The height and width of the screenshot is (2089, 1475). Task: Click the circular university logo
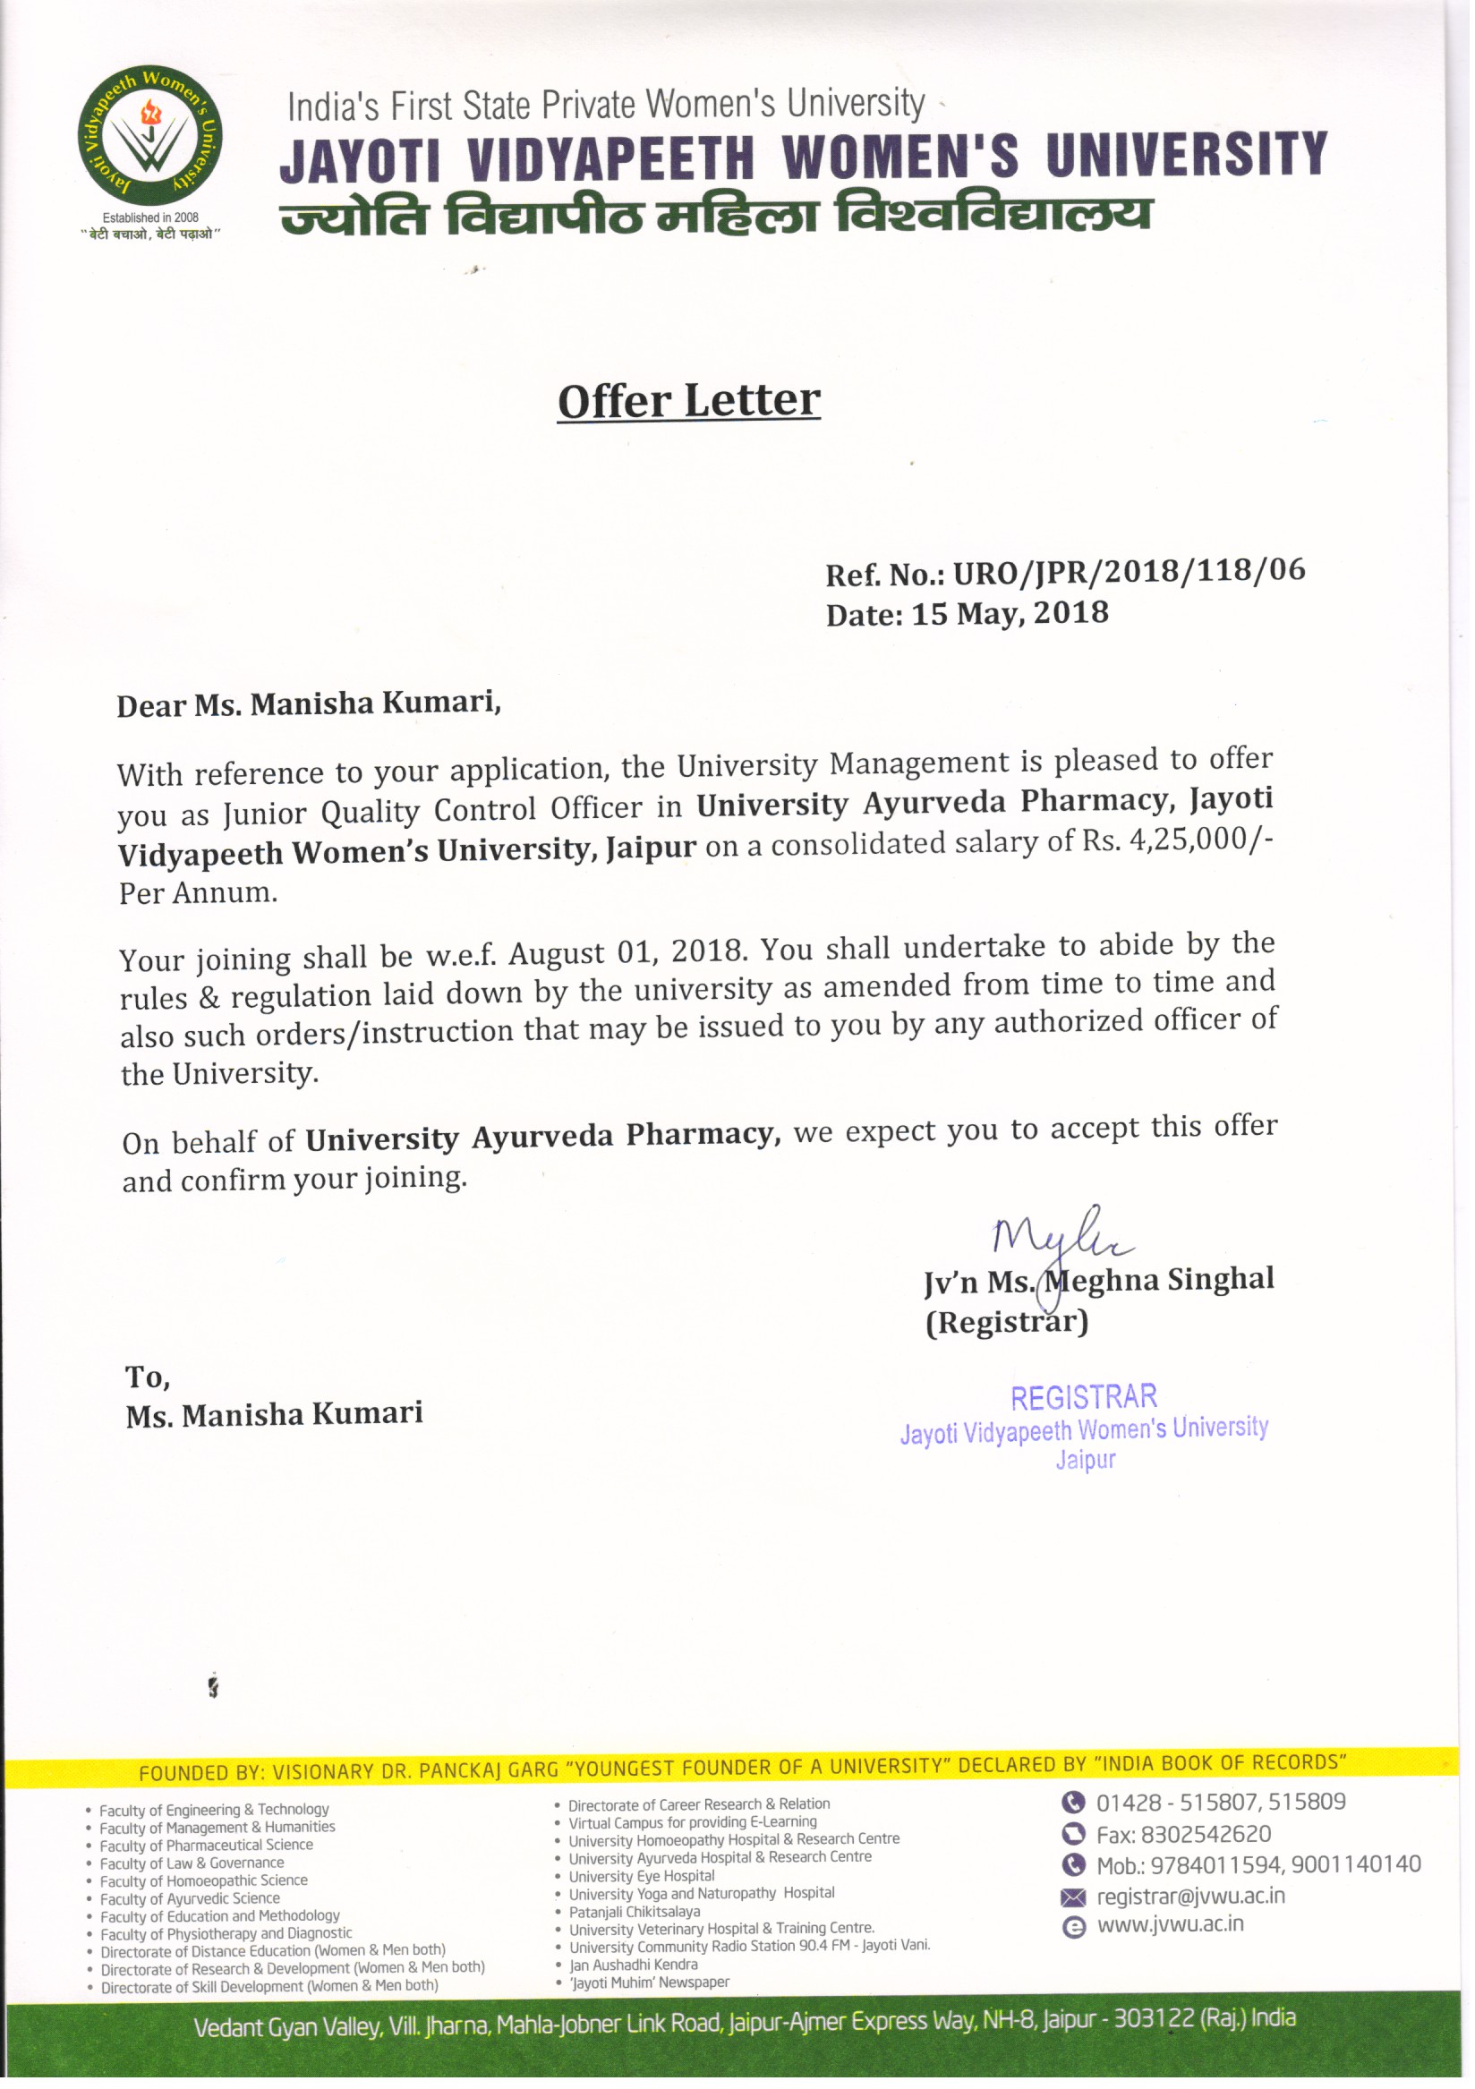[x=149, y=136]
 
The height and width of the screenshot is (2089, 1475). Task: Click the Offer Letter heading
[x=689, y=400]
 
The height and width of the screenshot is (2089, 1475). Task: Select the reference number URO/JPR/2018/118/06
[x=1129, y=571]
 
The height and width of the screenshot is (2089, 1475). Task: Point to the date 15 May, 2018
[x=1010, y=613]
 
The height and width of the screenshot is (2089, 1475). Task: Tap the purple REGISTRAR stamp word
[x=1084, y=1396]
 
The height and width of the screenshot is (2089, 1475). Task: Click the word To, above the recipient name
[x=148, y=1377]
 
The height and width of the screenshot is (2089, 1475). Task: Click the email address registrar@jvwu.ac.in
[x=1190, y=1896]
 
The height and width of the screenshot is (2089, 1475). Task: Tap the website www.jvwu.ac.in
[x=1170, y=1924]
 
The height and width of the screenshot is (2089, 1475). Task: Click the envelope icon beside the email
[x=1074, y=1897]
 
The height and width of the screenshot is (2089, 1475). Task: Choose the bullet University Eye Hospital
[x=642, y=1876]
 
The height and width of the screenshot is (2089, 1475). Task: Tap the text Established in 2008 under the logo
[x=150, y=217]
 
